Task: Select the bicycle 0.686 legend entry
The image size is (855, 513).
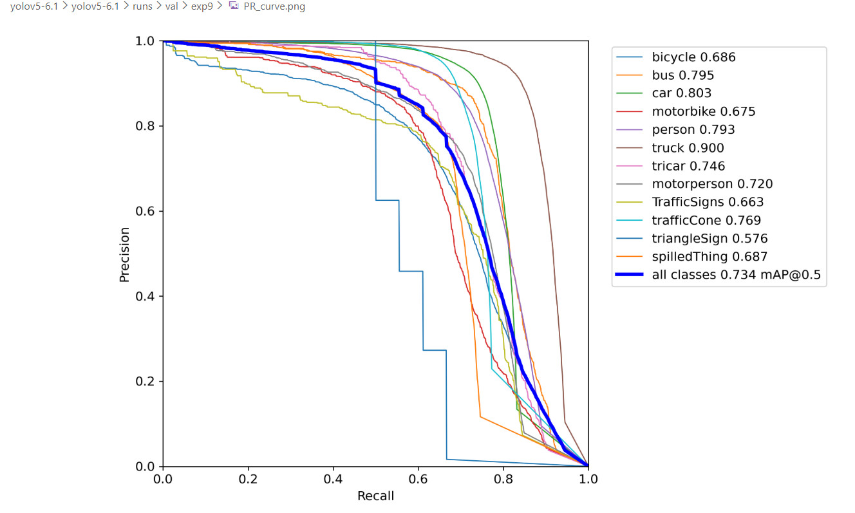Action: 693,57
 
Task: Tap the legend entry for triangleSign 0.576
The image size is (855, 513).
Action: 709,239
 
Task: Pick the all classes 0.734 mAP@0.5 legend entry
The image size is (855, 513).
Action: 736,275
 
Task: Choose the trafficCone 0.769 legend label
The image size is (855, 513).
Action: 706,221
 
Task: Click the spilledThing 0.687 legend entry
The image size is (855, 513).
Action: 709,257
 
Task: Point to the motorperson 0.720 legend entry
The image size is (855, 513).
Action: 712,184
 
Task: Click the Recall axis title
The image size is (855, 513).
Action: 375,496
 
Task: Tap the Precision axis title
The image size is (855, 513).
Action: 125,254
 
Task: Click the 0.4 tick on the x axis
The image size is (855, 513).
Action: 333,479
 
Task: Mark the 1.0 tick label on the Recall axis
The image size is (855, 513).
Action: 587,479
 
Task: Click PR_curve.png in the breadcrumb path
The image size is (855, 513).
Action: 274,6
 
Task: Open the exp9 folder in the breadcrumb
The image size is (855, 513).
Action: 202,6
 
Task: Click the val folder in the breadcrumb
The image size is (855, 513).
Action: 171,6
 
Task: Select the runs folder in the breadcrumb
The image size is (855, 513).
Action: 143,6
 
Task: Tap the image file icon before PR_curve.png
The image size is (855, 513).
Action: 234,6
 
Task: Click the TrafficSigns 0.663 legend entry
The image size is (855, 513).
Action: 708,202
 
